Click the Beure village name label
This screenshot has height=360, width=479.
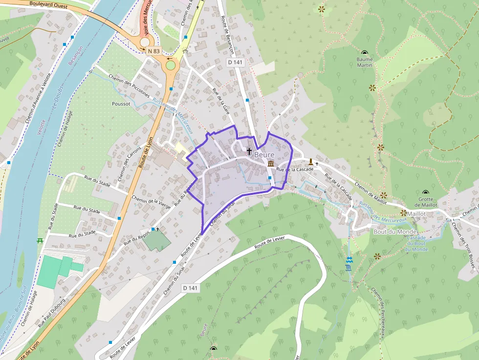pos(264,154)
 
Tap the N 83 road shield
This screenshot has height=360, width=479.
pos(153,51)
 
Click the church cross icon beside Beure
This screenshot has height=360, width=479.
pos(249,151)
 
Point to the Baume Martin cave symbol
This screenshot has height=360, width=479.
pos(365,53)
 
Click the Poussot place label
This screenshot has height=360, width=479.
pos(121,104)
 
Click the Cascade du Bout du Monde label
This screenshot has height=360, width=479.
pos(416,243)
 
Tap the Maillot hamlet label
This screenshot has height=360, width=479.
pos(416,214)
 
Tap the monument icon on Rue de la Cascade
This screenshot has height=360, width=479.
pos(310,161)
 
